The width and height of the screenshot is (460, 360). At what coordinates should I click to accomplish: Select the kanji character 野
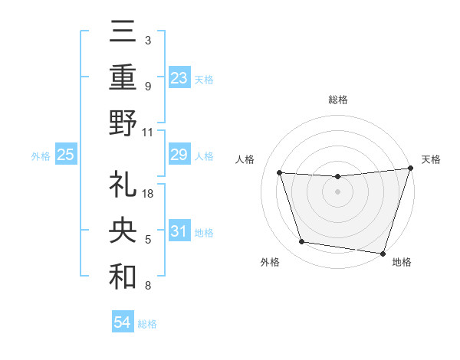click(x=123, y=122)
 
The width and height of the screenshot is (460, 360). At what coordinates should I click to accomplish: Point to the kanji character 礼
click(x=123, y=184)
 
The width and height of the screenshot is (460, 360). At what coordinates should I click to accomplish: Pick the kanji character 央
click(x=123, y=231)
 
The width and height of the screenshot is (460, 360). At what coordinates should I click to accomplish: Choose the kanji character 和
click(x=123, y=277)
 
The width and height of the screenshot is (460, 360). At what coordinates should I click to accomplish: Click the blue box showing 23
click(x=179, y=77)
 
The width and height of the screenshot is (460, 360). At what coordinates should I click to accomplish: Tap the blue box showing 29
click(x=179, y=155)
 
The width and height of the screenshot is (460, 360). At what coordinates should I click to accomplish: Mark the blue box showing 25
click(x=65, y=155)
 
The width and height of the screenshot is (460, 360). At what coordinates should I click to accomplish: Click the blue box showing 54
click(x=122, y=322)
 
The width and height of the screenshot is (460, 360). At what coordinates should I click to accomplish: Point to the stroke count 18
click(x=149, y=194)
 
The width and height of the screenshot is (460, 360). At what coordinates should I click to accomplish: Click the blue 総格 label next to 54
click(x=147, y=324)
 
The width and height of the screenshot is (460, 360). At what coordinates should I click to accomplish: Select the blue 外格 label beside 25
click(x=41, y=156)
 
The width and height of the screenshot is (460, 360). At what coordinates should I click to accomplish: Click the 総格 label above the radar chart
click(x=337, y=100)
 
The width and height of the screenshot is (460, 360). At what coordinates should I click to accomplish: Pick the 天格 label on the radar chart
click(x=431, y=159)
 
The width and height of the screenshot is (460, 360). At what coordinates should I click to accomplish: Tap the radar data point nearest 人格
click(x=280, y=173)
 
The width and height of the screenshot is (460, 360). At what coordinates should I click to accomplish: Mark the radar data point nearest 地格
click(x=383, y=253)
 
